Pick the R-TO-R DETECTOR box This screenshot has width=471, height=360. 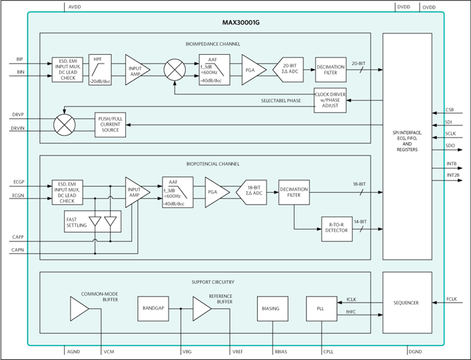336,228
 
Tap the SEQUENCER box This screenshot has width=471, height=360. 406,303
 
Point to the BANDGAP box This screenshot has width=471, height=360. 154,309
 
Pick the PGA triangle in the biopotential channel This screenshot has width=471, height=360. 215,191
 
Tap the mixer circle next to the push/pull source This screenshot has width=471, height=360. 65,124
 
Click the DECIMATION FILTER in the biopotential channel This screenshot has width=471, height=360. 294,192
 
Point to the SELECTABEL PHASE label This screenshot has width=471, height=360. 280,100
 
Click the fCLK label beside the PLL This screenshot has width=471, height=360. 352,299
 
